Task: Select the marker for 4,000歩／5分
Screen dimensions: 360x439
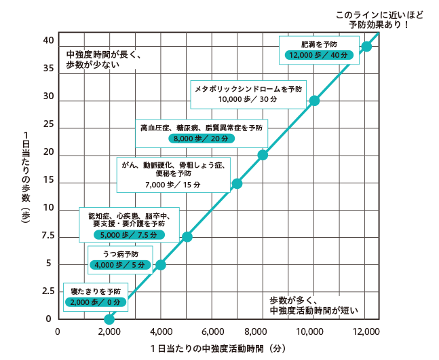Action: pos(160,264)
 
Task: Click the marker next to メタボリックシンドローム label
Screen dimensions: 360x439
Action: pos(314,101)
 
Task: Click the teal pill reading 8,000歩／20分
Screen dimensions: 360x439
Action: pos(202,138)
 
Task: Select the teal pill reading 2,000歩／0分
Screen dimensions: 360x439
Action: pos(96,302)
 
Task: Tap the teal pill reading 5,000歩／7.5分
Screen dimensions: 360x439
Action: pos(129,234)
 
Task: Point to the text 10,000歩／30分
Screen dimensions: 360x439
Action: pos(247,99)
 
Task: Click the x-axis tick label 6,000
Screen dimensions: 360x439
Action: pos(212,331)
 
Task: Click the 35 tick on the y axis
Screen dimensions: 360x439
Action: pos(48,69)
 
